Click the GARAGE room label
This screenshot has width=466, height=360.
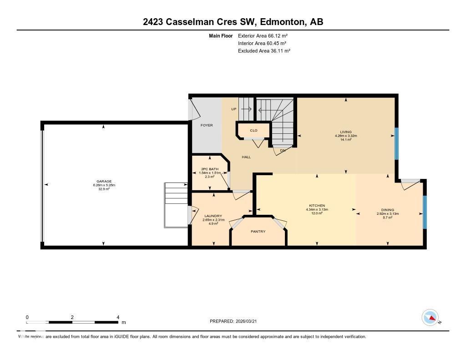[x=103, y=181]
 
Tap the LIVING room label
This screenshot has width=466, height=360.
[x=346, y=132]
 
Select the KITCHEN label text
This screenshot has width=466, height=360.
[x=317, y=206]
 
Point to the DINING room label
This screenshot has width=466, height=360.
[x=388, y=210]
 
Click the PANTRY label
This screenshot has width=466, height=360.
[x=258, y=232]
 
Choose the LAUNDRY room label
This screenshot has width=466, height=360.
[x=213, y=216]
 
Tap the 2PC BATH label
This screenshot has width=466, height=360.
[x=210, y=169]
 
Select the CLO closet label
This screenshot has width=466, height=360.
[x=253, y=131]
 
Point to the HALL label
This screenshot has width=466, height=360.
[x=246, y=157]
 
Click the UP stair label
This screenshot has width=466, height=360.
[x=234, y=109]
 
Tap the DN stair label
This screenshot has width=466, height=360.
[x=283, y=150]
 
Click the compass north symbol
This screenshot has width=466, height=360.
[x=430, y=317]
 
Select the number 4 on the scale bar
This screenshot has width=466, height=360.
[x=118, y=317]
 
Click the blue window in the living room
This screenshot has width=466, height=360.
[x=396, y=143]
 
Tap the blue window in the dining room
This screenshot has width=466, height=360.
[x=425, y=212]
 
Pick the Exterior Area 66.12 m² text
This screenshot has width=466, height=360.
[x=263, y=35]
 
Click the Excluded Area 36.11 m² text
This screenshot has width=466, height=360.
[x=264, y=51]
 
